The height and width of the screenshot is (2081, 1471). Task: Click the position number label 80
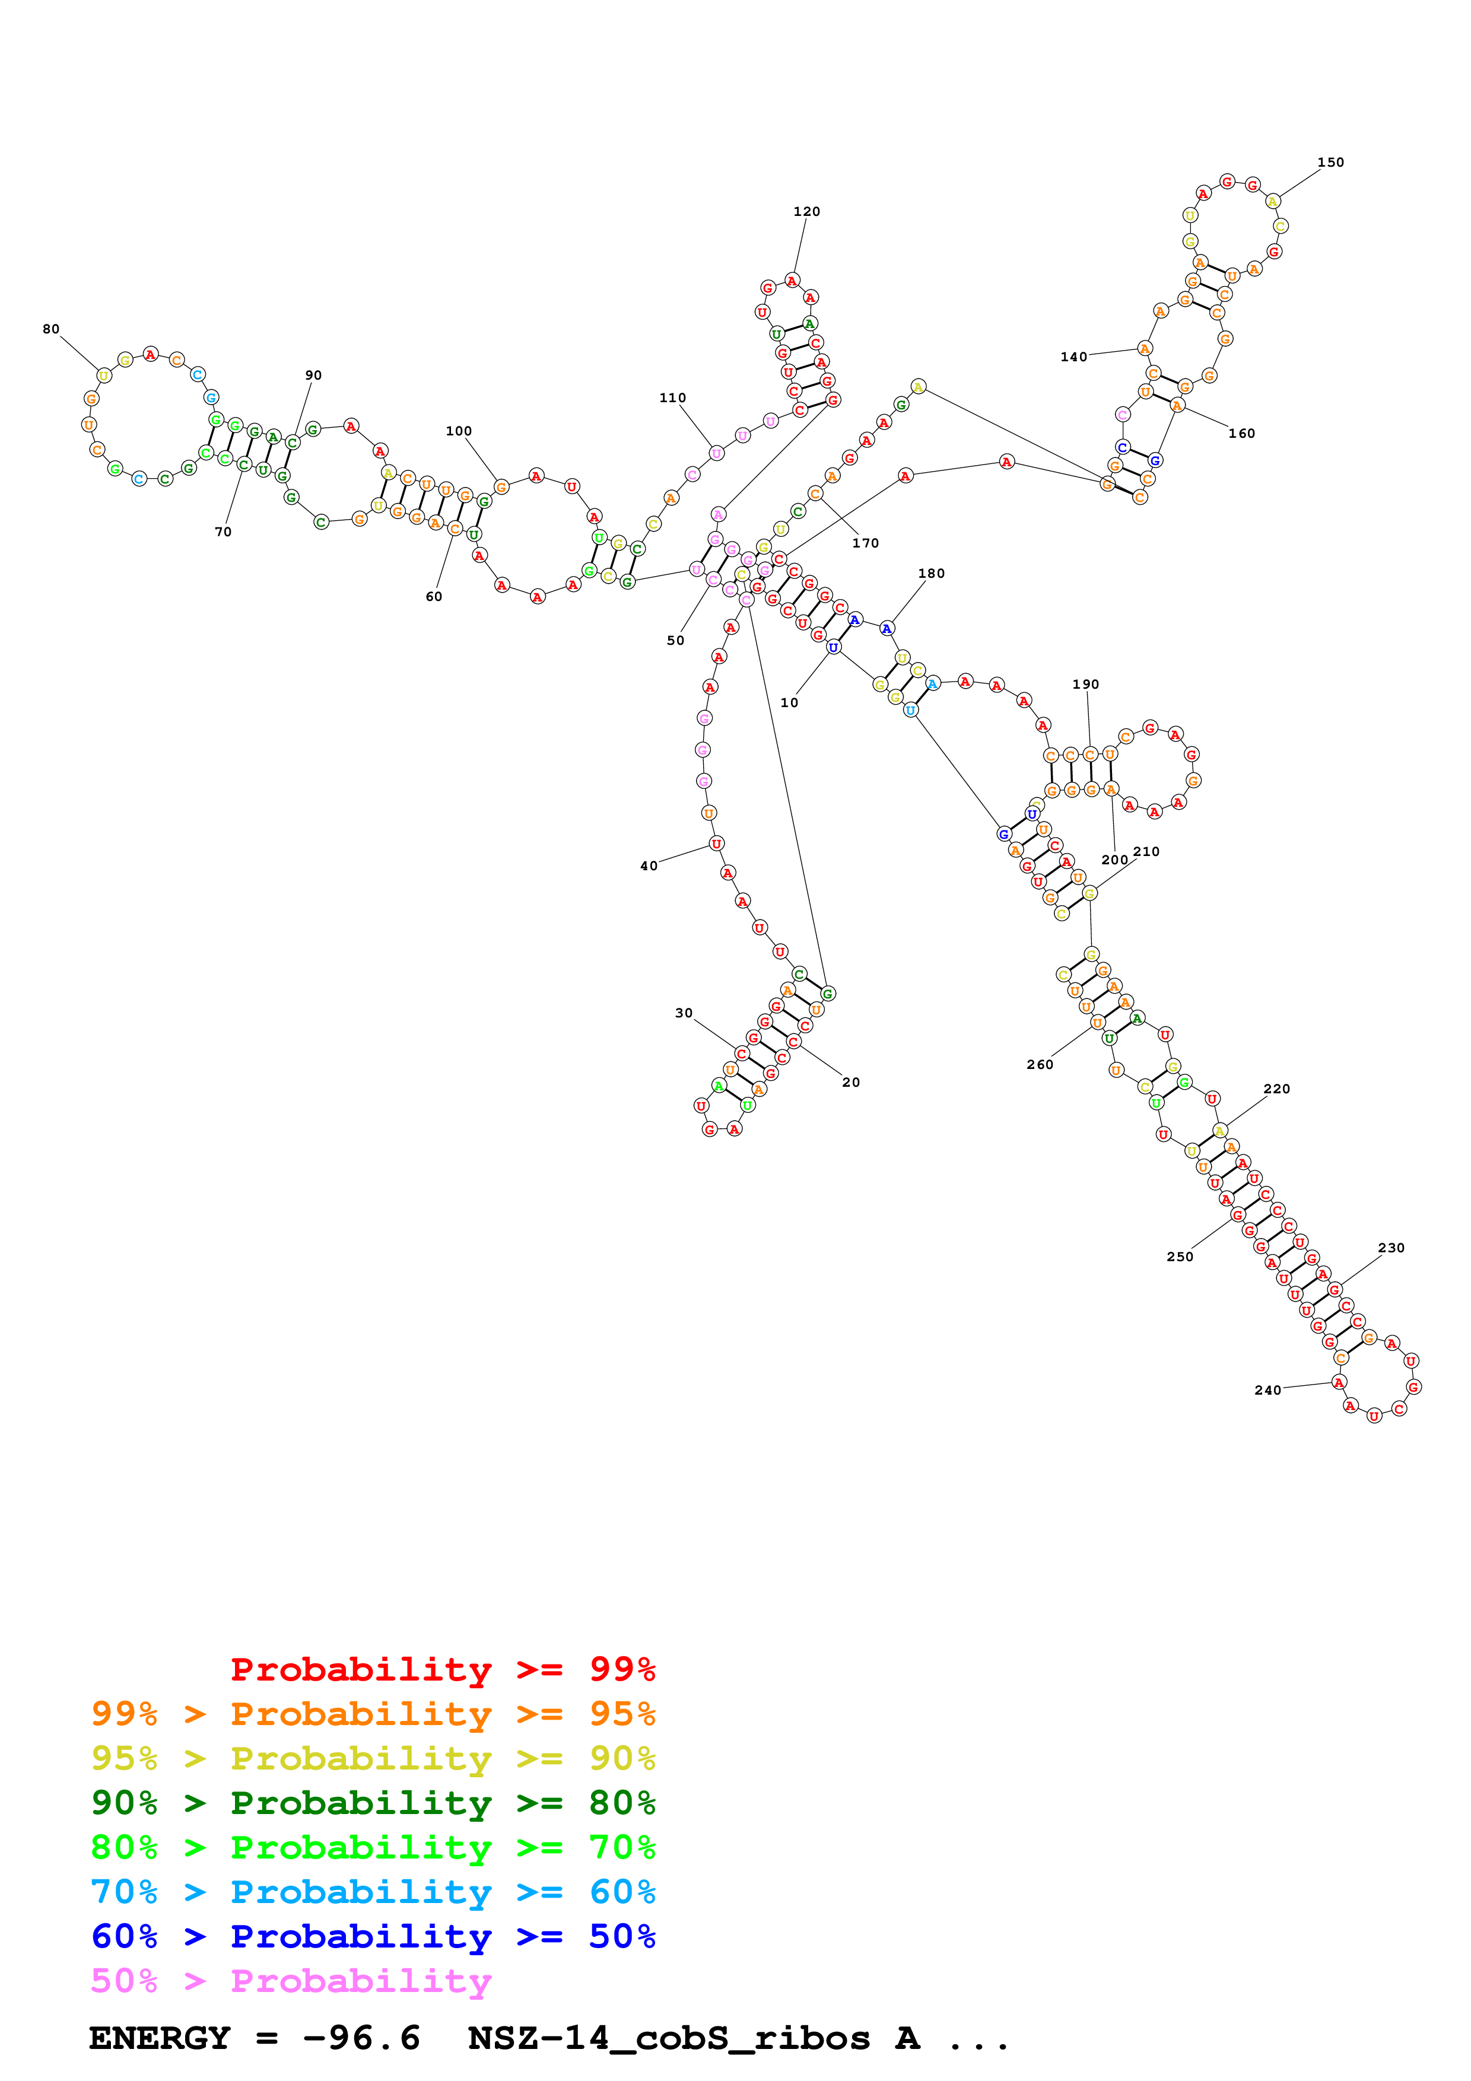pos(51,329)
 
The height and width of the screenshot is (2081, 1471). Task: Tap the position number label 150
pos(1330,162)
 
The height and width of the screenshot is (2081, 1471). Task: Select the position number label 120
pos(806,211)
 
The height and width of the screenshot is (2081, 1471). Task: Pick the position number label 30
pos(684,1013)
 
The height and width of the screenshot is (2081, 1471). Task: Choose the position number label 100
pos(459,431)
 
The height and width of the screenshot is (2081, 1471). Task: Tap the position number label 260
pos(1040,1064)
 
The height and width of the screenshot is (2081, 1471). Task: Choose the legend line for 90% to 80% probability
pos(373,1803)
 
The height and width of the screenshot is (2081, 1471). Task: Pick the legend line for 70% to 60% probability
pos(373,1892)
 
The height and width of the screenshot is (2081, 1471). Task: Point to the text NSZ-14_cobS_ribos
pos(668,2038)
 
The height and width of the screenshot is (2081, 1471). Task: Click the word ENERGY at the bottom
pos(160,2038)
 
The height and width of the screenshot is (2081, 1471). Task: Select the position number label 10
pos(789,702)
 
